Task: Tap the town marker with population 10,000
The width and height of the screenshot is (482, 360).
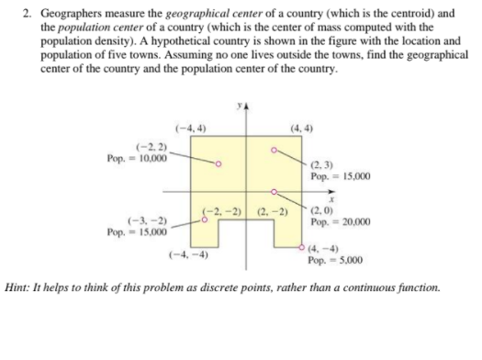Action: pyautogui.click(x=218, y=164)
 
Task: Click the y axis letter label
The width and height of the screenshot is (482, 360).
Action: pyautogui.click(x=238, y=107)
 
